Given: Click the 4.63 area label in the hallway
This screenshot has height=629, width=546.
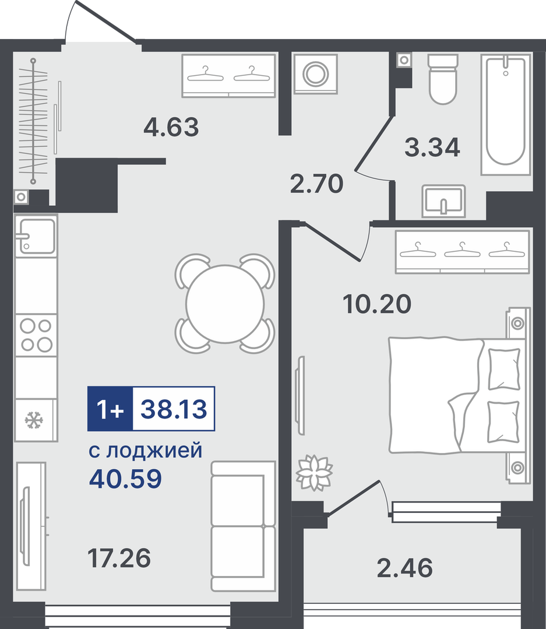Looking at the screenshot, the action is (x=171, y=126).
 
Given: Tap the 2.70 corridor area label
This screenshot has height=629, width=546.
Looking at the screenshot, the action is (x=316, y=183).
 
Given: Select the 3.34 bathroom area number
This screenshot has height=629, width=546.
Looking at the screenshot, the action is (x=432, y=147).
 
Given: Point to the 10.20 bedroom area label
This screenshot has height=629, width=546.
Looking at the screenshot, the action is (x=377, y=304).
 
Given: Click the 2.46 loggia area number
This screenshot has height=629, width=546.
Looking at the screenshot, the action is (x=405, y=568).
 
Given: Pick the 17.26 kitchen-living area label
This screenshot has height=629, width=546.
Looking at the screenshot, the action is (x=119, y=558).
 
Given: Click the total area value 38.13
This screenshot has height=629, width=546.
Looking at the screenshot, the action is (x=174, y=409).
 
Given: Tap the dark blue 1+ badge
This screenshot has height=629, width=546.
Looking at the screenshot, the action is (x=110, y=409).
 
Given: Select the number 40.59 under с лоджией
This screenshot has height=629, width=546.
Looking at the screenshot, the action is (x=125, y=478).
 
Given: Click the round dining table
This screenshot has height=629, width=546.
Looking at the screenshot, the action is (x=225, y=304).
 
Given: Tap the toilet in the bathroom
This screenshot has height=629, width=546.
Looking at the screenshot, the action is (x=443, y=79).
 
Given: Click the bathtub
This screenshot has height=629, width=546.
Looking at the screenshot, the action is (x=506, y=114).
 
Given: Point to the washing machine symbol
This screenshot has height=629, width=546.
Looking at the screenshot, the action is (x=315, y=74).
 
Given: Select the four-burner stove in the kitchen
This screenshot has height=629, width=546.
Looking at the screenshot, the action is (x=36, y=335).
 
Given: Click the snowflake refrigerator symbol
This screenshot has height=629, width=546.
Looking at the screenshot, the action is (x=34, y=420).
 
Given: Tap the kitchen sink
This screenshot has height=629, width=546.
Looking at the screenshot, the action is (x=36, y=236).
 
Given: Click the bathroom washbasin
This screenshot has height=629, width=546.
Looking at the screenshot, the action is (x=443, y=201).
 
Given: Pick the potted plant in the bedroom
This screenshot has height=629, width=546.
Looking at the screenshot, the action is (x=314, y=473).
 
